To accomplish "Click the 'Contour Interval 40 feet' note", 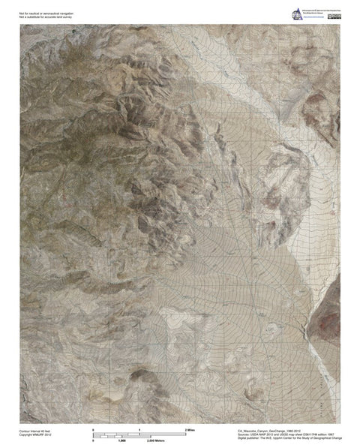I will (34, 431).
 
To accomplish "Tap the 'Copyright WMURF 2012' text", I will (33, 435).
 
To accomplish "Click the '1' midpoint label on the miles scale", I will (139, 428).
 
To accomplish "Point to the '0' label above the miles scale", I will (93, 428).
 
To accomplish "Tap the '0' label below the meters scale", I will (93, 440).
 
